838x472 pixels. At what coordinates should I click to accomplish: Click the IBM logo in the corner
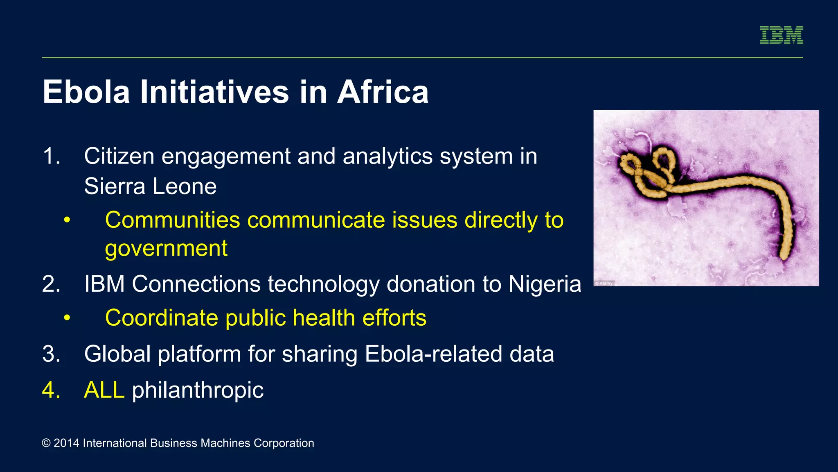tap(781, 35)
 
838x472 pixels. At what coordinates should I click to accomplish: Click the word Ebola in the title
tap(86, 92)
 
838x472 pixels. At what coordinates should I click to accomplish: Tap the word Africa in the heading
tap(383, 92)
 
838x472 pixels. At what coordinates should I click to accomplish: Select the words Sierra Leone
tap(150, 186)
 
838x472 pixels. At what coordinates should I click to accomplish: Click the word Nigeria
tap(544, 284)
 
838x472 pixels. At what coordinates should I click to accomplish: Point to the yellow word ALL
tap(104, 390)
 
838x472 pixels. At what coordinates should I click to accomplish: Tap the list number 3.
tap(51, 354)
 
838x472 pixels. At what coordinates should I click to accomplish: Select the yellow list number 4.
tap(51, 390)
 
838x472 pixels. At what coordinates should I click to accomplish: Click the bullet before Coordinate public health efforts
tap(67, 318)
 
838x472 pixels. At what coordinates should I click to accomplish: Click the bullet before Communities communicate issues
tap(67, 220)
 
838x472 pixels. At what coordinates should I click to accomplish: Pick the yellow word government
tap(166, 249)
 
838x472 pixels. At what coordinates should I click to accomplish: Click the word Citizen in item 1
tap(119, 157)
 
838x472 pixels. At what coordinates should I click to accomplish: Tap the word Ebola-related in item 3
tap(433, 354)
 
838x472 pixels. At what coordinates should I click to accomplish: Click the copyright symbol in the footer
tap(46, 443)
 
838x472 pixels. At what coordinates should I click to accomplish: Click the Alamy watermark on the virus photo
tap(604, 283)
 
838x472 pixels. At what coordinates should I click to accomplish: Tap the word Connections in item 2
tap(196, 284)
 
